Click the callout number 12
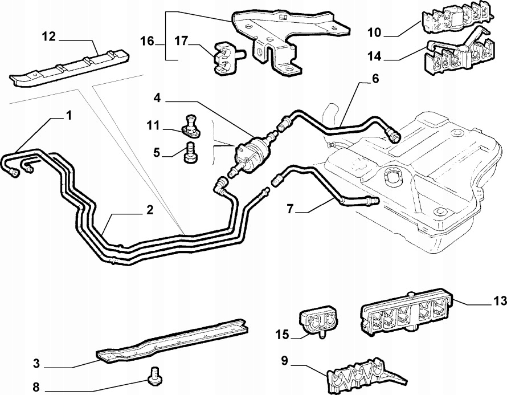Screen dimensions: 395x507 pyautogui.click(x=49, y=37)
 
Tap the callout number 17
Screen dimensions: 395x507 pyautogui.click(x=181, y=42)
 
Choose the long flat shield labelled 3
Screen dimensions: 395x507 pyautogui.click(x=171, y=348)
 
